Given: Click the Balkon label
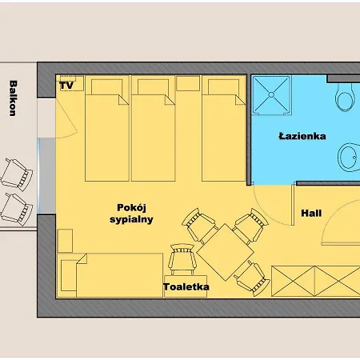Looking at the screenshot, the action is [13, 98].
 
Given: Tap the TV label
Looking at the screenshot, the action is [66, 86].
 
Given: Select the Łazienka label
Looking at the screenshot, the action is [302, 136].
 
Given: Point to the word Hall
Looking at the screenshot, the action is [311, 213].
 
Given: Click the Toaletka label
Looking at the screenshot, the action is [186, 287].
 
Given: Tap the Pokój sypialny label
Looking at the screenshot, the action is [131, 214].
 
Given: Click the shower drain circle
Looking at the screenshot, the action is [271, 94].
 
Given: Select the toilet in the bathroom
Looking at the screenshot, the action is [346, 98].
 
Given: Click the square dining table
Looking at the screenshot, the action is [226, 252].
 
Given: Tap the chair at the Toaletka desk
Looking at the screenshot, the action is [182, 259].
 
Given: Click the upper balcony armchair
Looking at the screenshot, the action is [17, 174].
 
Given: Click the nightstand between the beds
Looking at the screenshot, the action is [188, 83].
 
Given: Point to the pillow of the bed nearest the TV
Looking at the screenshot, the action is [106, 87].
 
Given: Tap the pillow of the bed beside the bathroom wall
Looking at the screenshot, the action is [223, 87].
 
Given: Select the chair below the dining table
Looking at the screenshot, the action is [252, 278].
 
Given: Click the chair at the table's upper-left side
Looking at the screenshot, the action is [200, 226].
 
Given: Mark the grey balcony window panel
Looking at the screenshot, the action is [47, 176].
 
